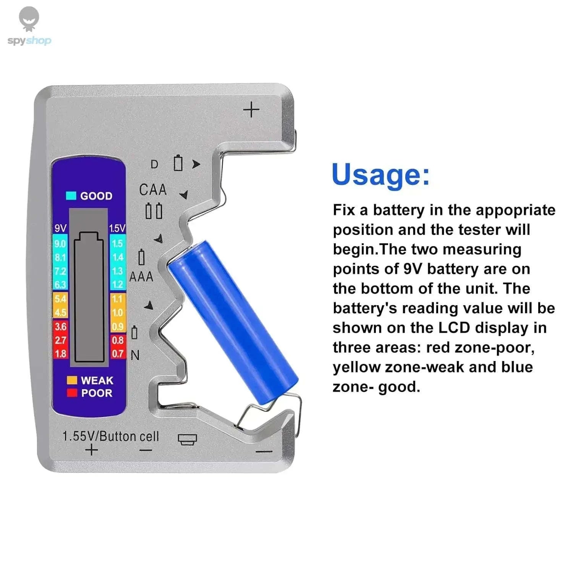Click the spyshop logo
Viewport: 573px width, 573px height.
[x=29, y=27]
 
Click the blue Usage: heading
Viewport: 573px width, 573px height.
[x=380, y=175]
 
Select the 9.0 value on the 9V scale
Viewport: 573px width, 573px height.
[x=60, y=244]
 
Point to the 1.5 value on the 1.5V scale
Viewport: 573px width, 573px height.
[x=117, y=244]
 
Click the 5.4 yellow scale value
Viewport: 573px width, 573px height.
[x=60, y=299]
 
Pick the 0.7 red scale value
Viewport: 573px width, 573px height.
[x=117, y=354]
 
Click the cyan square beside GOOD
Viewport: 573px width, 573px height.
[x=71, y=196]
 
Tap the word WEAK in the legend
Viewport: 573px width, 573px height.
[x=97, y=380]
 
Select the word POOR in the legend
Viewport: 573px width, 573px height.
[x=97, y=393]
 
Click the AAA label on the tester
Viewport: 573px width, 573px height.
[x=141, y=277]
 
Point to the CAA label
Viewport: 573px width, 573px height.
[x=153, y=189]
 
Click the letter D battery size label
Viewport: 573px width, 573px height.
[x=154, y=164]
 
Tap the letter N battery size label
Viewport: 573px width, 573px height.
[x=135, y=356]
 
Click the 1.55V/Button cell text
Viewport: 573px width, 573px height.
[x=110, y=436]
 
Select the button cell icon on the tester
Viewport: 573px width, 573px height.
[x=187, y=439]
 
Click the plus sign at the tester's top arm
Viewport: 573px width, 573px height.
[x=251, y=110]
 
